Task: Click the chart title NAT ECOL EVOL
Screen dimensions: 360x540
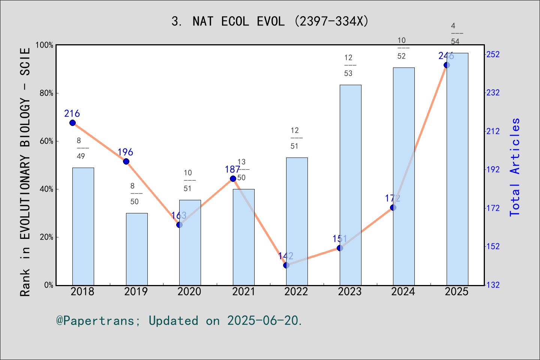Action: [x=270, y=21]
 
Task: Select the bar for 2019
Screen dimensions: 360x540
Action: [x=136, y=249]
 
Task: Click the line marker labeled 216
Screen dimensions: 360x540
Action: [x=73, y=123]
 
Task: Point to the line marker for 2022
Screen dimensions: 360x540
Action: [x=286, y=265]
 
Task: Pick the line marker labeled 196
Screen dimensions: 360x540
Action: [x=126, y=161]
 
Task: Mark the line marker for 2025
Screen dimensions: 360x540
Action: [x=447, y=65]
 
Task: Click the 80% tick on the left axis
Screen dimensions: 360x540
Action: [x=47, y=93]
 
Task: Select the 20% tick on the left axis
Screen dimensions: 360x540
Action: [x=47, y=237]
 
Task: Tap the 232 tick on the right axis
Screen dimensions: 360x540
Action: [x=493, y=93]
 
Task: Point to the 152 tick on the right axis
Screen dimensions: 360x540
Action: [x=493, y=246]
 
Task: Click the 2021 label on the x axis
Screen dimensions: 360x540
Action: [x=243, y=291]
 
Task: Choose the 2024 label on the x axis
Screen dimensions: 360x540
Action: [x=403, y=291]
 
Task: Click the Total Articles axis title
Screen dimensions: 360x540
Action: [x=515, y=167]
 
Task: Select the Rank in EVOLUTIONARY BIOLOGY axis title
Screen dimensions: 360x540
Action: [x=25, y=172]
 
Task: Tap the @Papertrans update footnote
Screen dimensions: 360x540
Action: [x=179, y=321]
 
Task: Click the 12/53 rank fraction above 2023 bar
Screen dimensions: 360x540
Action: [x=348, y=65]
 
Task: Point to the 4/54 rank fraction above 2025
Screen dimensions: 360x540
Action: [x=455, y=34]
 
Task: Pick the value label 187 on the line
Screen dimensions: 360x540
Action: [x=232, y=169]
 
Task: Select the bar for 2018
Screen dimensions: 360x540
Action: [x=83, y=226]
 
